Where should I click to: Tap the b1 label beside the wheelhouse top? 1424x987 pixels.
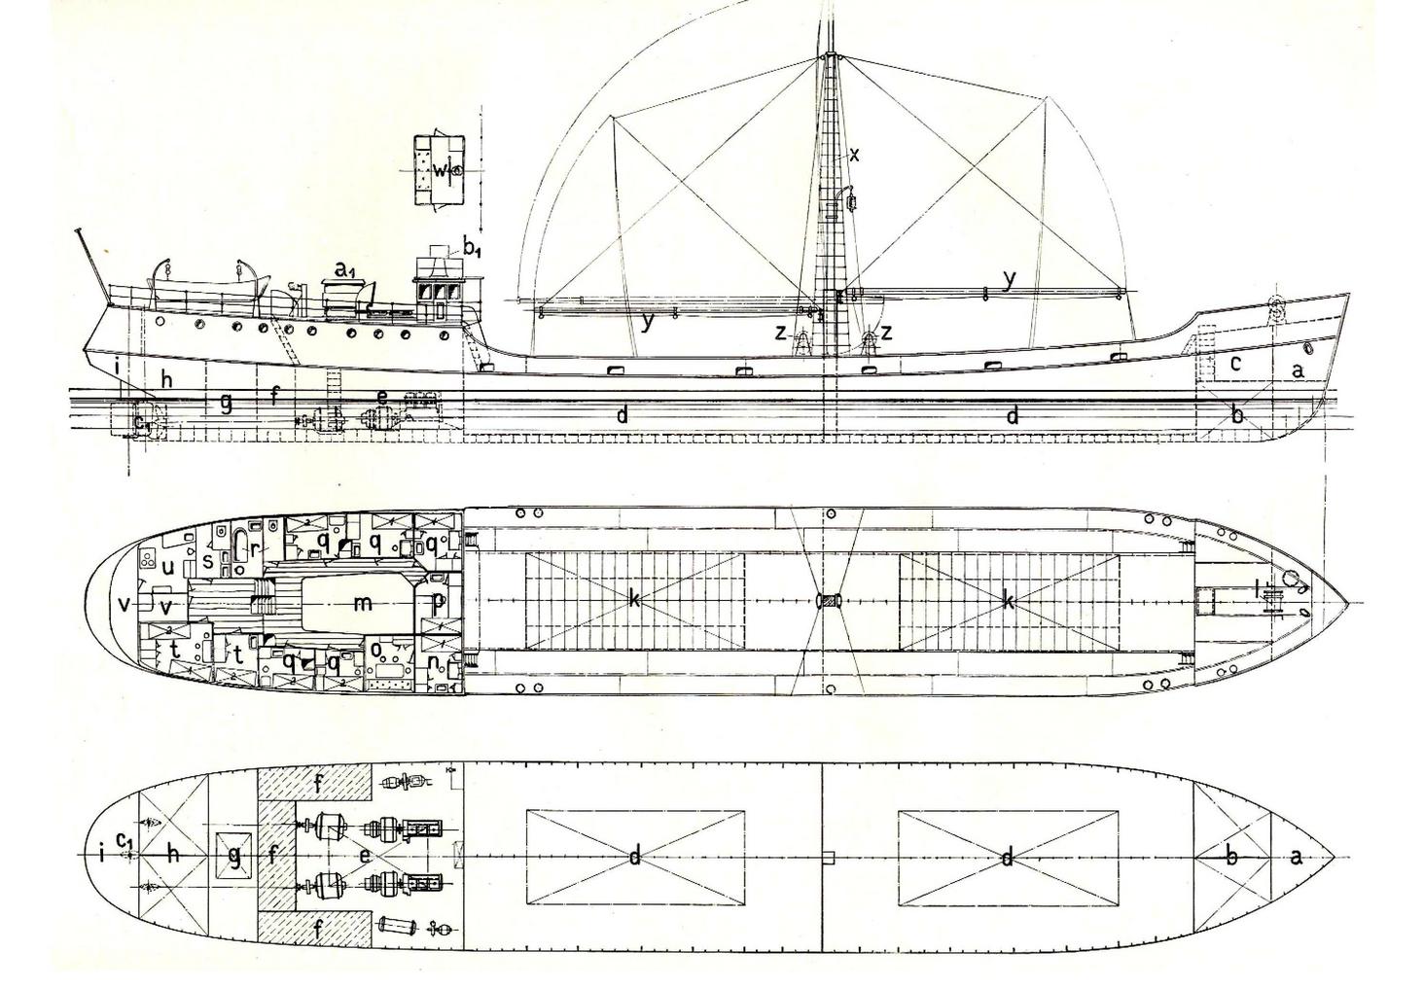[x=471, y=248]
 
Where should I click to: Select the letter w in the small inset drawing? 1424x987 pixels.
[x=440, y=170]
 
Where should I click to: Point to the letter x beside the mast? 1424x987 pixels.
[x=854, y=154]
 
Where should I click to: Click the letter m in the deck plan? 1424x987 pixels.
[x=363, y=603]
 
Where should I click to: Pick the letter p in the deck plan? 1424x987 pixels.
[x=439, y=603]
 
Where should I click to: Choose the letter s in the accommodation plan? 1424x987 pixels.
[x=207, y=560]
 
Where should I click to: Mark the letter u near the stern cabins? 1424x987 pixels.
[x=168, y=567]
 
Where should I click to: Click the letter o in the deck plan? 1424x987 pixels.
[x=375, y=650]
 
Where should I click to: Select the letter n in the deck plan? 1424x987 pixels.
[x=435, y=661]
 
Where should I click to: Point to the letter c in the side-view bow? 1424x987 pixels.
[x=1236, y=363]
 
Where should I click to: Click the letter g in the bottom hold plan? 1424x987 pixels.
[x=234, y=857]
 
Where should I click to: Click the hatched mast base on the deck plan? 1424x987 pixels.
[x=829, y=601]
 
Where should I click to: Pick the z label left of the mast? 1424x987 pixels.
[x=781, y=332]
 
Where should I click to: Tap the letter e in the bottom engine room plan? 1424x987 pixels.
[x=364, y=856]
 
